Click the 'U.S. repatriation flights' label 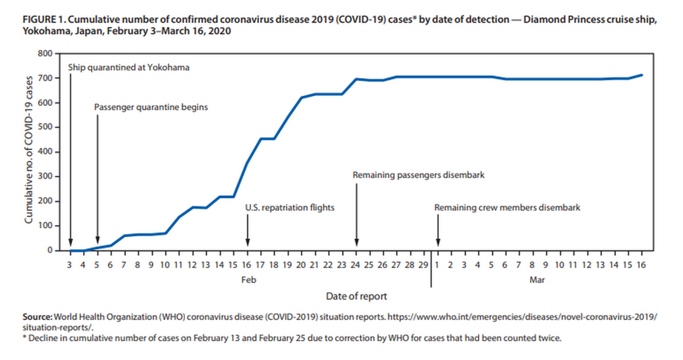(290, 208)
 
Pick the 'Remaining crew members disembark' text (507, 208)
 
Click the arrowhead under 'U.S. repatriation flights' (247, 242)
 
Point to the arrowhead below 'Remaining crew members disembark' (438, 242)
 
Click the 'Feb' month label (246, 280)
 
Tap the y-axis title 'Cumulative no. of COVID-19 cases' (29, 151)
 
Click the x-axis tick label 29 (423, 265)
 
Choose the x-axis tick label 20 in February (301, 265)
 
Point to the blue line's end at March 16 (642, 75)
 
